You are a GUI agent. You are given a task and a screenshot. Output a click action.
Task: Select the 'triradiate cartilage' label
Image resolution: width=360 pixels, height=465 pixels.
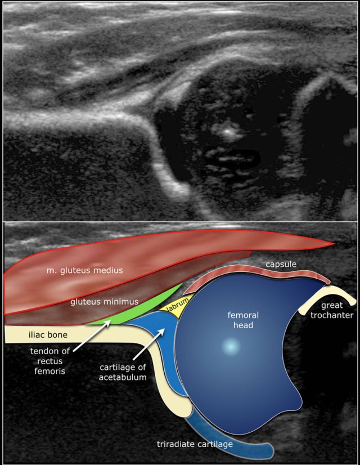click(195, 445)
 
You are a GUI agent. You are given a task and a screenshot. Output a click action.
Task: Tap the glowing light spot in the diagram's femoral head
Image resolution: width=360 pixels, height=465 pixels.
click(229, 347)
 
